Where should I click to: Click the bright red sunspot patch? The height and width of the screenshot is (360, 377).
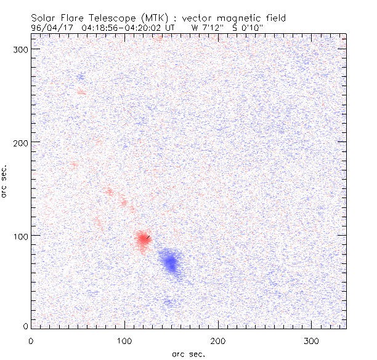(x=143, y=239)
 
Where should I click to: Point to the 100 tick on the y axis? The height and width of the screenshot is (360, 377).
(x=31, y=236)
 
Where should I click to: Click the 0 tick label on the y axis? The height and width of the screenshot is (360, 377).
(x=25, y=326)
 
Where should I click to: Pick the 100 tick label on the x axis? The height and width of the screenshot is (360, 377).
(x=124, y=340)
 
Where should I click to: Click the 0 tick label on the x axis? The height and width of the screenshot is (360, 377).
(x=31, y=340)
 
